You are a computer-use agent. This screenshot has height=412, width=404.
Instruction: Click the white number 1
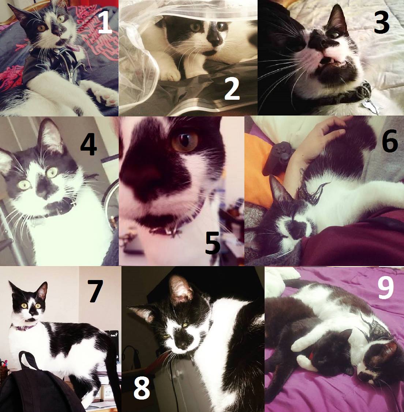[x=105, y=23]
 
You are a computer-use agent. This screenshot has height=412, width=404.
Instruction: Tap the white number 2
[x=232, y=89]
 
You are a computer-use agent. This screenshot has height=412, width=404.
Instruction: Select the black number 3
[x=382, y=23]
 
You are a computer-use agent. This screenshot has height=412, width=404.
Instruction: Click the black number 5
[x=213, y=244]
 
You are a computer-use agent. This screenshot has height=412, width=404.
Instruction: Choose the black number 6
[x=390, y=142]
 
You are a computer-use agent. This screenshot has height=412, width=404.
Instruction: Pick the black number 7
[x=95, y=291]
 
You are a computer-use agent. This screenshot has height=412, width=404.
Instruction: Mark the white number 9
[x=386, y=288]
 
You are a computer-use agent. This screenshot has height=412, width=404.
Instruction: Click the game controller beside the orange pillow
[x=278, y=158]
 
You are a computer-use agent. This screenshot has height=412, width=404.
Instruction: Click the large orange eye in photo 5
[x=185, y=142]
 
